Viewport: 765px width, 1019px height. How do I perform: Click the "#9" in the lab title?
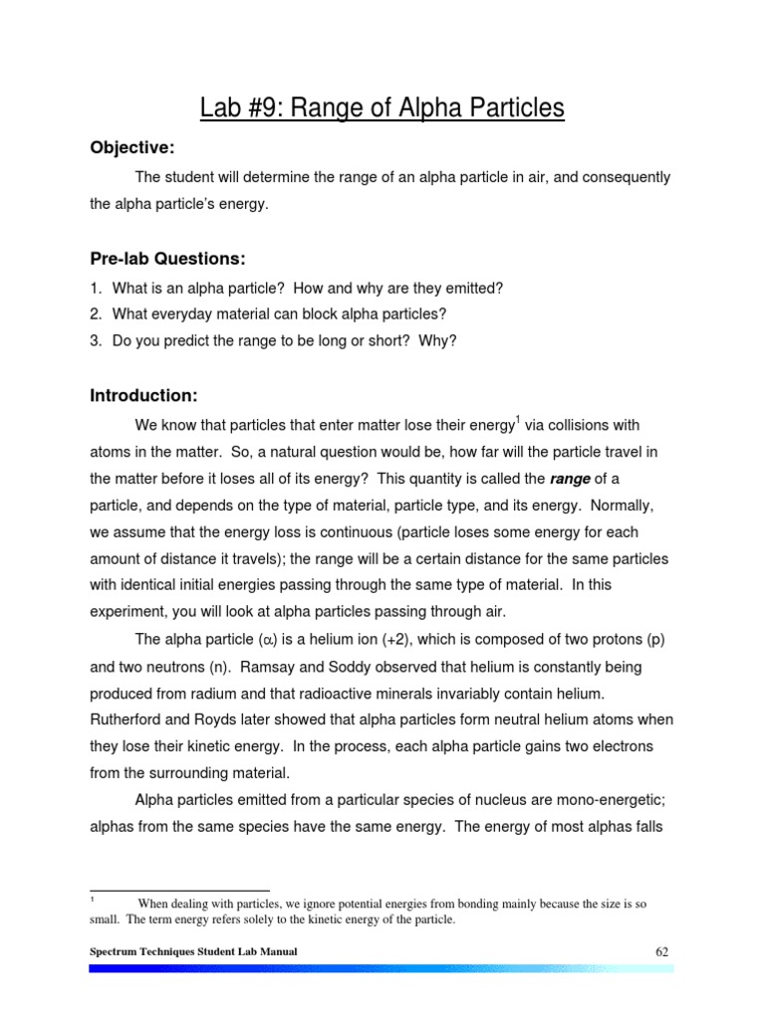(x=278, y=106)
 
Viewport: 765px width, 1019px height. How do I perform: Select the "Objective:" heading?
(x=132, y=148)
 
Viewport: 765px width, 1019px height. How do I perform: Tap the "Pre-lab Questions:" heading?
(x=167, y=259)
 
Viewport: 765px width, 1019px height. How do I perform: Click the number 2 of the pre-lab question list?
(x=95, y=313)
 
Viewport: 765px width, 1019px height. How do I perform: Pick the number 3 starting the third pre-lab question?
(x=95, y=340)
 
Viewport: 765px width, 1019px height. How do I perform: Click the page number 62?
(x=661, y=951)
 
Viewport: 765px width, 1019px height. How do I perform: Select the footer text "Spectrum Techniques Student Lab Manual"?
(x=192, y=952)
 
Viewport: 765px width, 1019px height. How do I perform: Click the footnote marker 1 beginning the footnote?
(x=93, y=900)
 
